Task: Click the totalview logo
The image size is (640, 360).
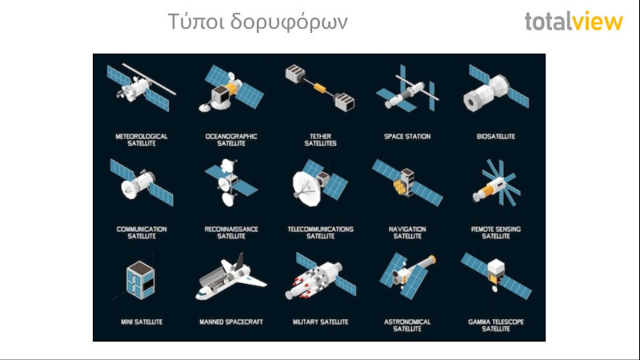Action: pos(574,22)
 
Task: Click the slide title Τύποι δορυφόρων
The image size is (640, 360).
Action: pos(258,22)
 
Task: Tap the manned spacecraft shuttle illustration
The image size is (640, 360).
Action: pos(230,277)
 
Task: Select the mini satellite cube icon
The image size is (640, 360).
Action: pos(141,281)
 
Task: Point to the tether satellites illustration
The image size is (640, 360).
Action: pos(320,88)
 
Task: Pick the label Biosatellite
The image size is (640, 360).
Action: pos(495,136)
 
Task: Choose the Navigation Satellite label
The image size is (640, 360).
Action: pos(407,233)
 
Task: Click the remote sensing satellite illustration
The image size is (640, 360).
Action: pos(496,183)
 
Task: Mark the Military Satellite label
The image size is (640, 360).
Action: pos(321,322)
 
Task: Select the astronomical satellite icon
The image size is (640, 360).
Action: pos(407,276)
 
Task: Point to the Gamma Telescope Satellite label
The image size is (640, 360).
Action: pos(495,326)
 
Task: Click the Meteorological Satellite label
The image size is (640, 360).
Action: pos(142,140)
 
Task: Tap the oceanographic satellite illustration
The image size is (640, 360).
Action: pos(231,88)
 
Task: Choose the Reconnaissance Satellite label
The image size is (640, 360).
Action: pos(231,233)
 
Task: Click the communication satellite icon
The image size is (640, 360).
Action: pos(142,183)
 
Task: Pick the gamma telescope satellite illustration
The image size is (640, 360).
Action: pos(496,275)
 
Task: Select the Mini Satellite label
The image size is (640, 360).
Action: pos(142,322)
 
